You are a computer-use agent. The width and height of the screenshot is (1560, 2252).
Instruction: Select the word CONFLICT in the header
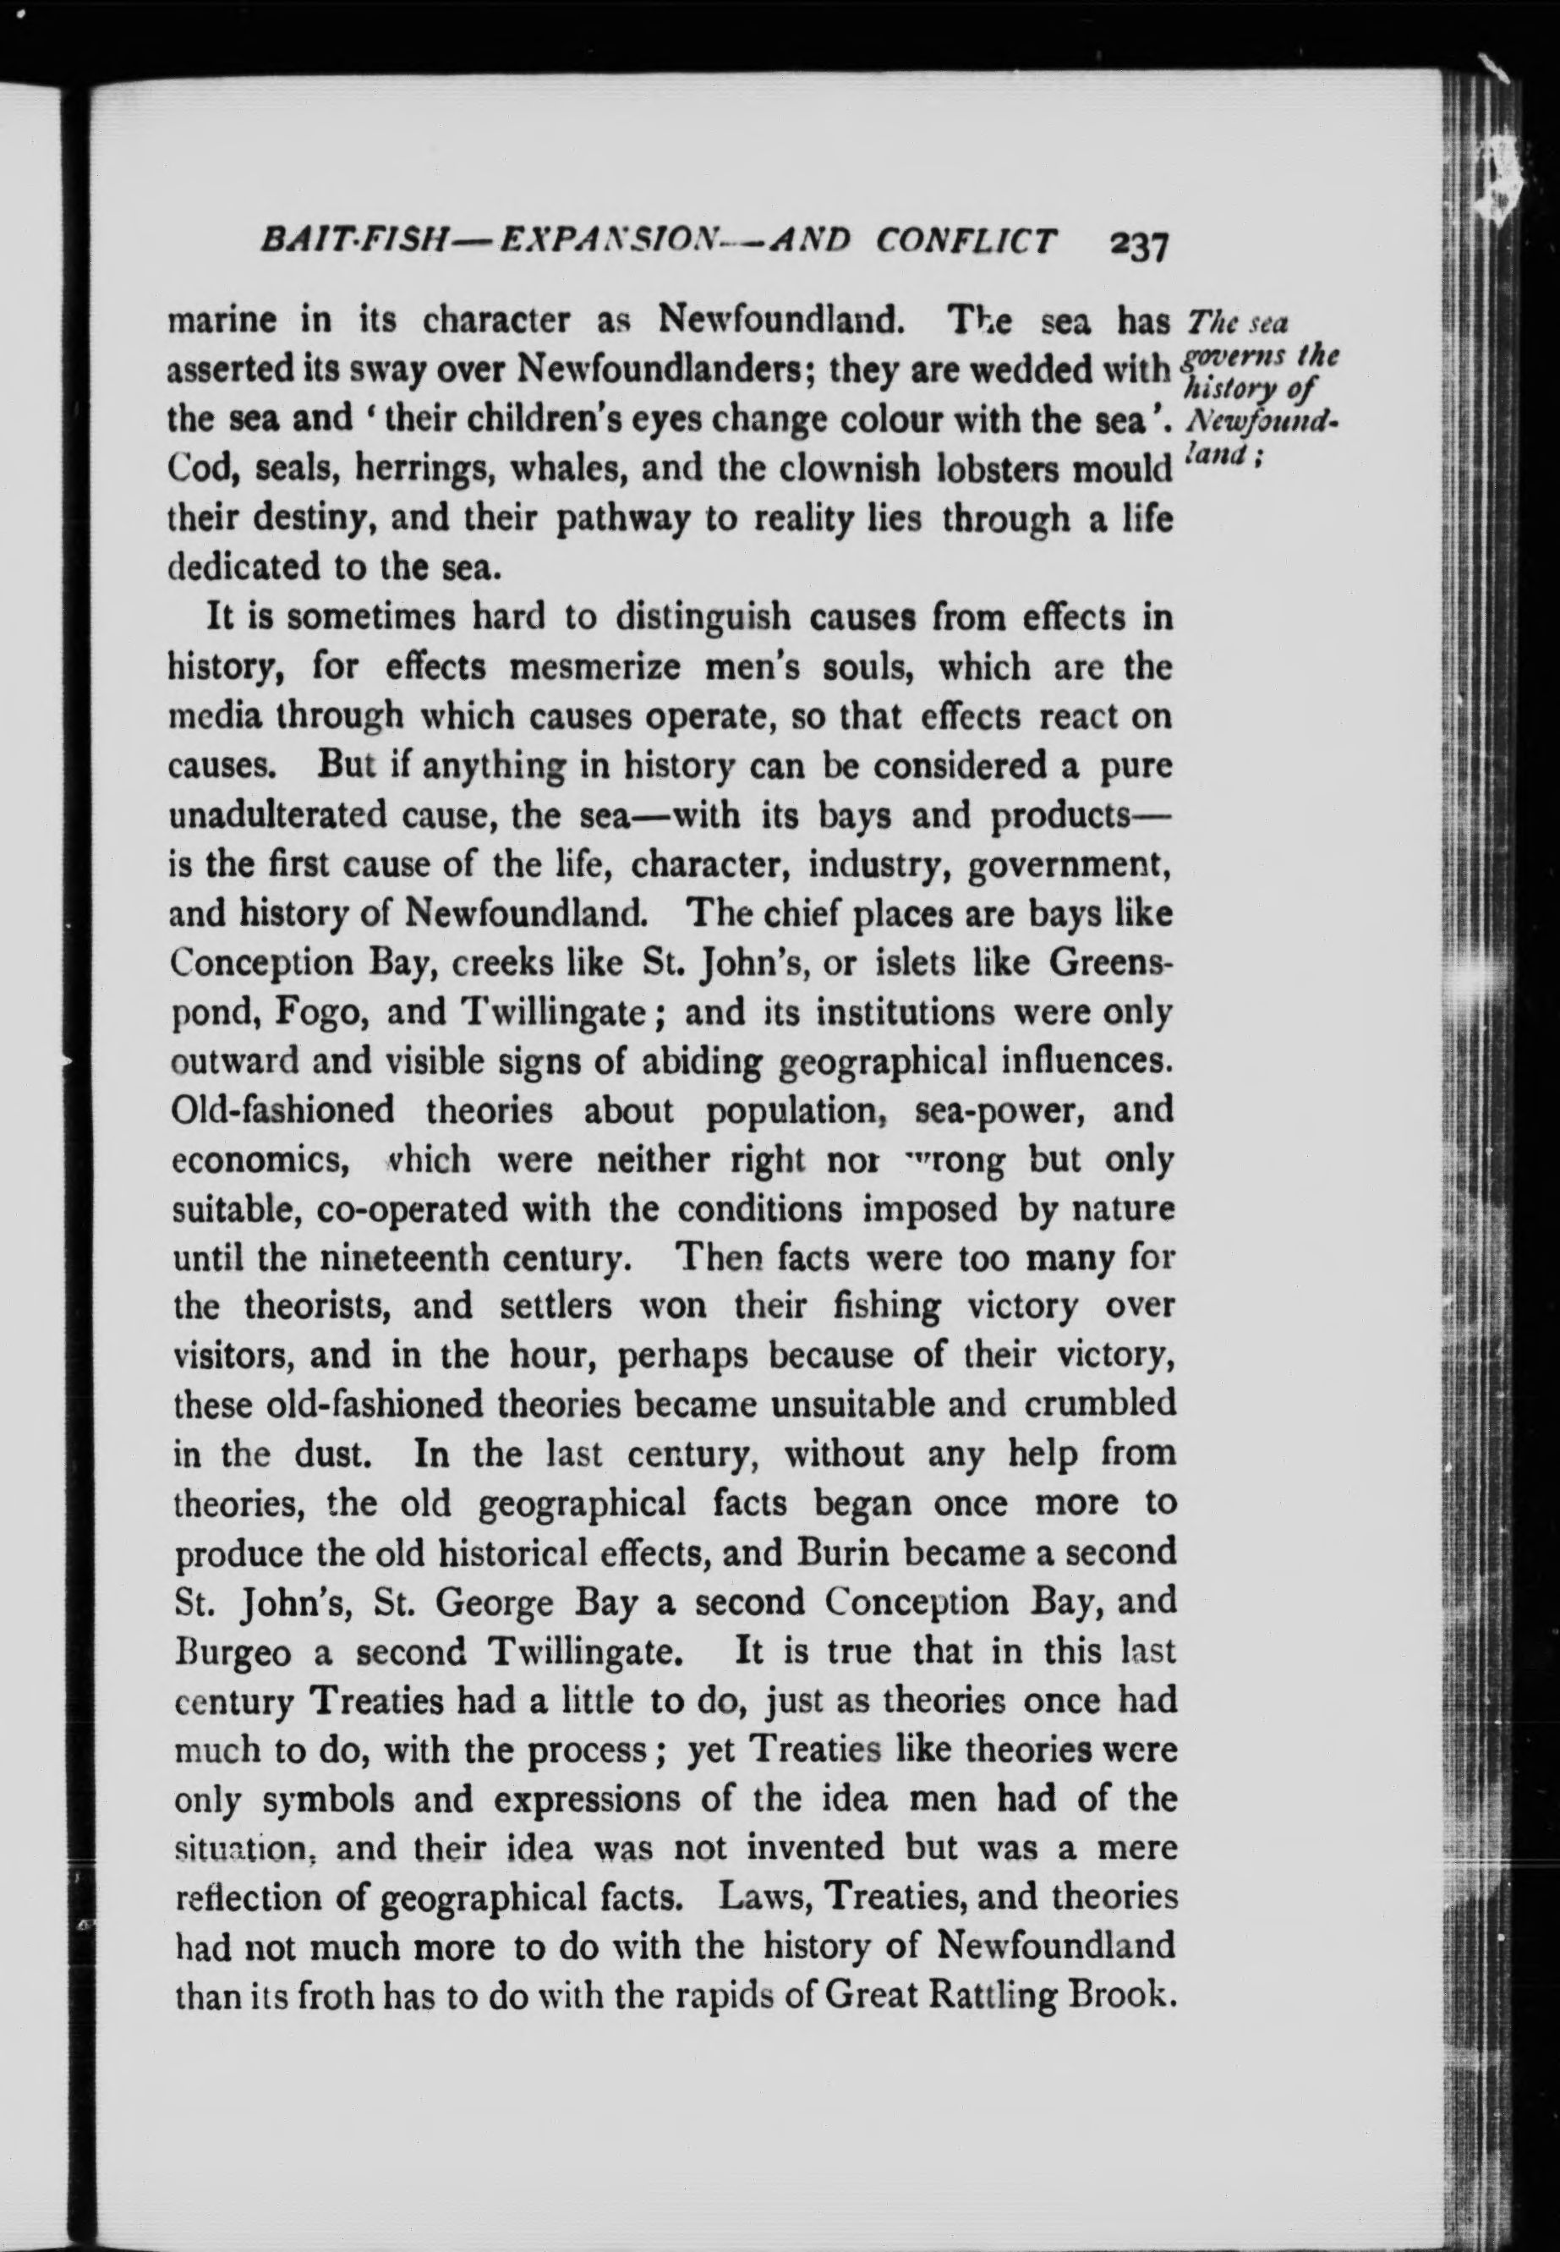tap(965, 241)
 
